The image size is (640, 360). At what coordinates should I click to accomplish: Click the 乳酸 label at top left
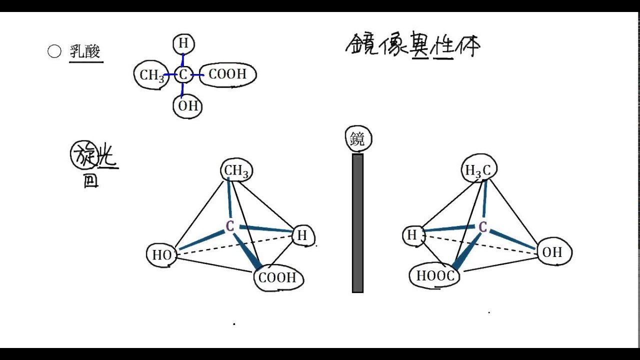[x=85, y=52]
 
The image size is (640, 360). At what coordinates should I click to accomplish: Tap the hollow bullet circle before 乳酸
[x=54, y=51]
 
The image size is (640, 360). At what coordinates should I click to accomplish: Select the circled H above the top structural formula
[x=183, y=44]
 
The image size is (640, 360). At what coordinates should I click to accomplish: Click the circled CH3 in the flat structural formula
[x=151, y=75]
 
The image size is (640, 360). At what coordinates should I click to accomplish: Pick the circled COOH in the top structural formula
[x=228, y=74]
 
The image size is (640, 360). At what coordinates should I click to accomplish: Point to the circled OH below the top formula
[x=188, y=106]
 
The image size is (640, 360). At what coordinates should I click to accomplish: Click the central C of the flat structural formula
[x=183, y=75]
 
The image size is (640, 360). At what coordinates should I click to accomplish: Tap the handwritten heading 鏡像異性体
[x=412, y=46]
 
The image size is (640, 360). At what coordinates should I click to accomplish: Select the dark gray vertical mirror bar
[x=357, y=222]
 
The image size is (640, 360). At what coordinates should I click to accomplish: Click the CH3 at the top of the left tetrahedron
[x=236, y=171]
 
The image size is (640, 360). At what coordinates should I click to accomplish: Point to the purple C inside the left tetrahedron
[x=230, y=226]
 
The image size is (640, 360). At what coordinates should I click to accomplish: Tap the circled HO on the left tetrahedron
[x=162, y=255]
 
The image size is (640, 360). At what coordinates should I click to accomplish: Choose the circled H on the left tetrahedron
[x=302, y=235]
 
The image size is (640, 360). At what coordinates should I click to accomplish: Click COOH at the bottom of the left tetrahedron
[x=278, y=278]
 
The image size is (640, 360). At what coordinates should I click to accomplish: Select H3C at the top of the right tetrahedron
[x=478, y=170]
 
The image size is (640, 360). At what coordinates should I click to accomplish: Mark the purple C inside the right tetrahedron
[x=482, y=227]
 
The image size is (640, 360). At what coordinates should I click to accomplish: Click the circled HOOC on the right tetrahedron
[x=435, y=276]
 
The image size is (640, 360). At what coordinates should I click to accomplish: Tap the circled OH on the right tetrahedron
[x=552, y=252]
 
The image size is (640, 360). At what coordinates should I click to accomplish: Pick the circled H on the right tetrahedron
[x=412, y=235]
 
